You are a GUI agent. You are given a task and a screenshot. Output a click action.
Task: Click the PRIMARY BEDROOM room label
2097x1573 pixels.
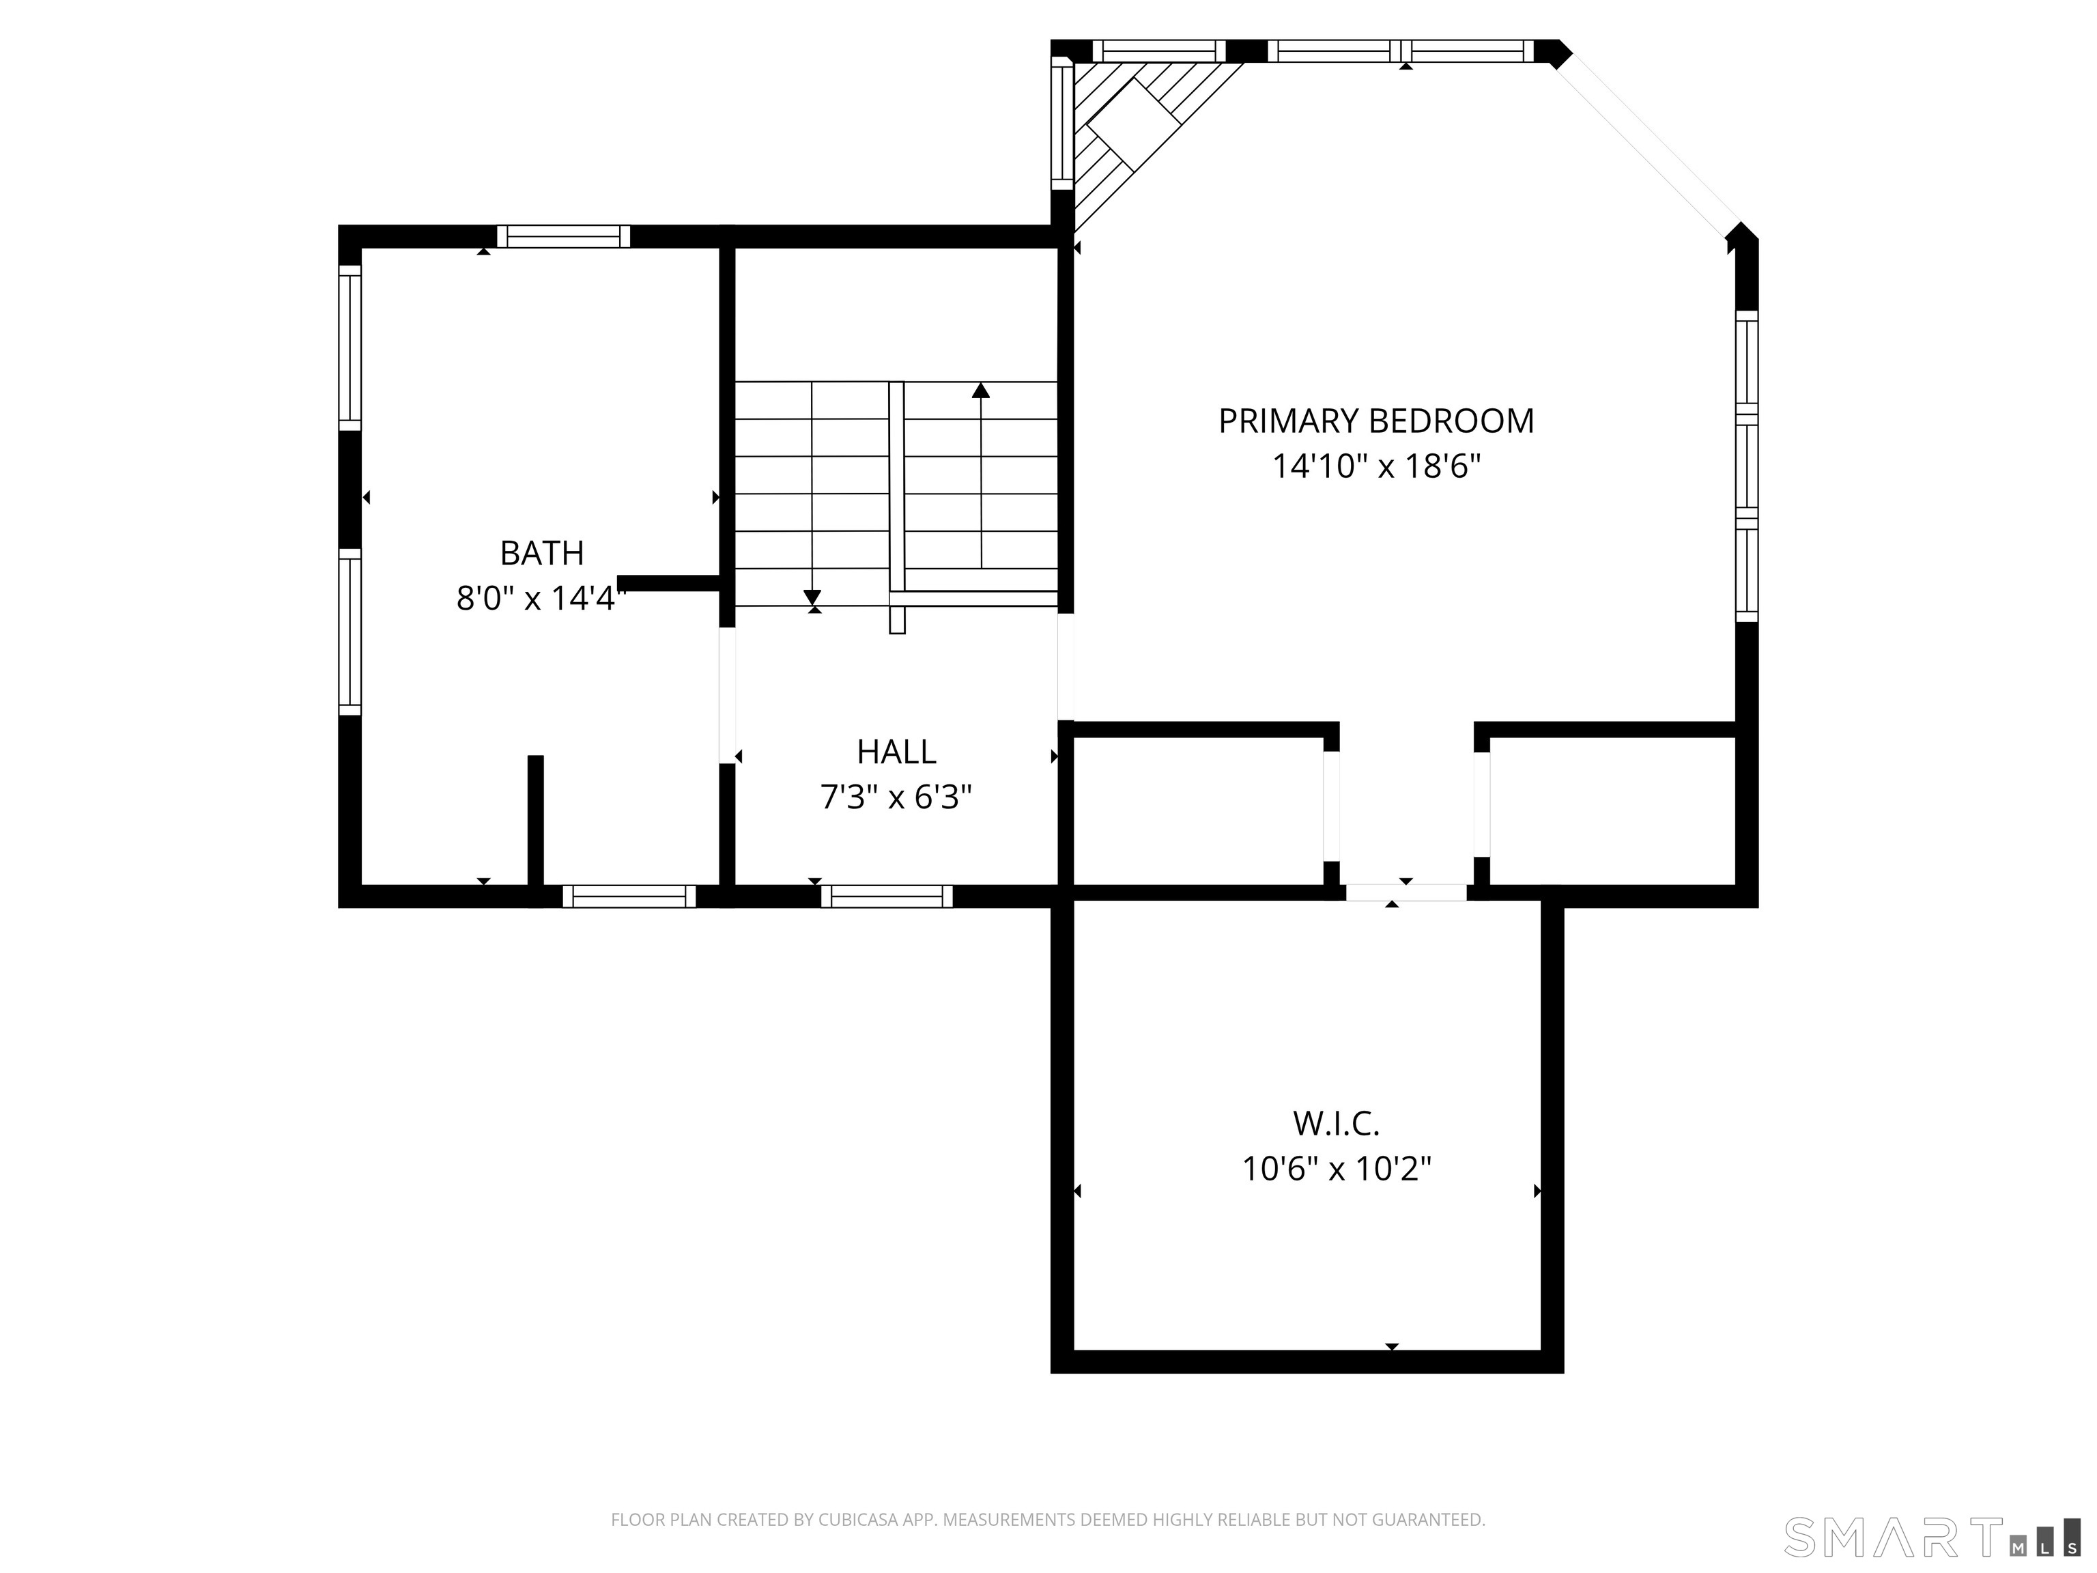tap(1375, 421)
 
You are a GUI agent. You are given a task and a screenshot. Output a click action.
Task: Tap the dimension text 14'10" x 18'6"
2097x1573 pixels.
tap(1375, 466)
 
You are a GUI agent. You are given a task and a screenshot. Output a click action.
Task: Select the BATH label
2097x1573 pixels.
tap(541, 553)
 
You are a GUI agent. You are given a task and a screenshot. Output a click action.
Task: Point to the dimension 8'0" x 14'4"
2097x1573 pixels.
tap(541, 598)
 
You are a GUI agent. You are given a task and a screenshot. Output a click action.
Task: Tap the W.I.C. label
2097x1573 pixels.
tap(1336, 1124)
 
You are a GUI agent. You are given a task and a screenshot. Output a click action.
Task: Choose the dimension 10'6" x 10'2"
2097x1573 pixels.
tap(1336, 1169)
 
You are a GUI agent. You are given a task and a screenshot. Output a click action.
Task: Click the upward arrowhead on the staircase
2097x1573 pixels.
tap(981, 390)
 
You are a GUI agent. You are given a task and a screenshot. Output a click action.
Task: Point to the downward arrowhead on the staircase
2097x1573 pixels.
tap(812, 597)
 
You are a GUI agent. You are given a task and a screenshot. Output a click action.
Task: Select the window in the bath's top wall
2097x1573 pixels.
tap(563, 236)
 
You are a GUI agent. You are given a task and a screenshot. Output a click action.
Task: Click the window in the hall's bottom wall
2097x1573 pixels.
tap(887, 896)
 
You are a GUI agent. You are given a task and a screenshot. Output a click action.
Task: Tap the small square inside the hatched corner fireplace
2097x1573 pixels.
tap(1134, 124)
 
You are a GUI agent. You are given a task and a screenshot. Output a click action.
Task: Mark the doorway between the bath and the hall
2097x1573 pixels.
tap(727, 695)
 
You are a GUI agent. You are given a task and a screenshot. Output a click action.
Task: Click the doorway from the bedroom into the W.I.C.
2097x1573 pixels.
tap(1406, 892)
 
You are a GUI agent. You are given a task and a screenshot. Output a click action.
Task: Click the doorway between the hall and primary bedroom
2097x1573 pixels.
tap(1066, 666)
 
